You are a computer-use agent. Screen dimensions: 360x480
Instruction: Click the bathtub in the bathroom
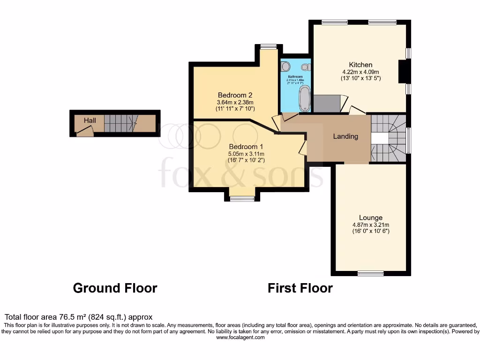point(305,99)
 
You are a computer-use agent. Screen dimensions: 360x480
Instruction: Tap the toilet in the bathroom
point(286,66)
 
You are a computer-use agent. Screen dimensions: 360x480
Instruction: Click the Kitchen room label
point(360,65)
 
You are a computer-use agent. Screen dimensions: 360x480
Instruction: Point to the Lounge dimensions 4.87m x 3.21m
point(371,225)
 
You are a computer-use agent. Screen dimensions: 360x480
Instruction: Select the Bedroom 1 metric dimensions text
point(246,154)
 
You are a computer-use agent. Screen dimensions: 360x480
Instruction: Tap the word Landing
point(345,136)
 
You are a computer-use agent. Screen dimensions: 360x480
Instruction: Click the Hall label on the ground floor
point(90,120)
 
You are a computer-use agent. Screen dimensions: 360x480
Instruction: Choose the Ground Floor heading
point(115,288)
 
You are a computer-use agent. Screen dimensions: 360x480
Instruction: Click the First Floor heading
point(300,288)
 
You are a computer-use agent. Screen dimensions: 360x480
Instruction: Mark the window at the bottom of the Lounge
point(371,273)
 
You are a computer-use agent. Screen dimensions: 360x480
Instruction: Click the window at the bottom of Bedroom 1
point(242,199)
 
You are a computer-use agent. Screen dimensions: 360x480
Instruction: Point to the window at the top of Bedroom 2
point(269,46)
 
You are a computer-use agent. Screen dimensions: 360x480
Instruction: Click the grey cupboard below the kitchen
point(327,104)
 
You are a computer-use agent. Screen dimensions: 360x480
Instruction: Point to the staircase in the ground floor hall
point(119,123)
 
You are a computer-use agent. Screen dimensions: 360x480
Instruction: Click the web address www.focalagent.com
point(240,337)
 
